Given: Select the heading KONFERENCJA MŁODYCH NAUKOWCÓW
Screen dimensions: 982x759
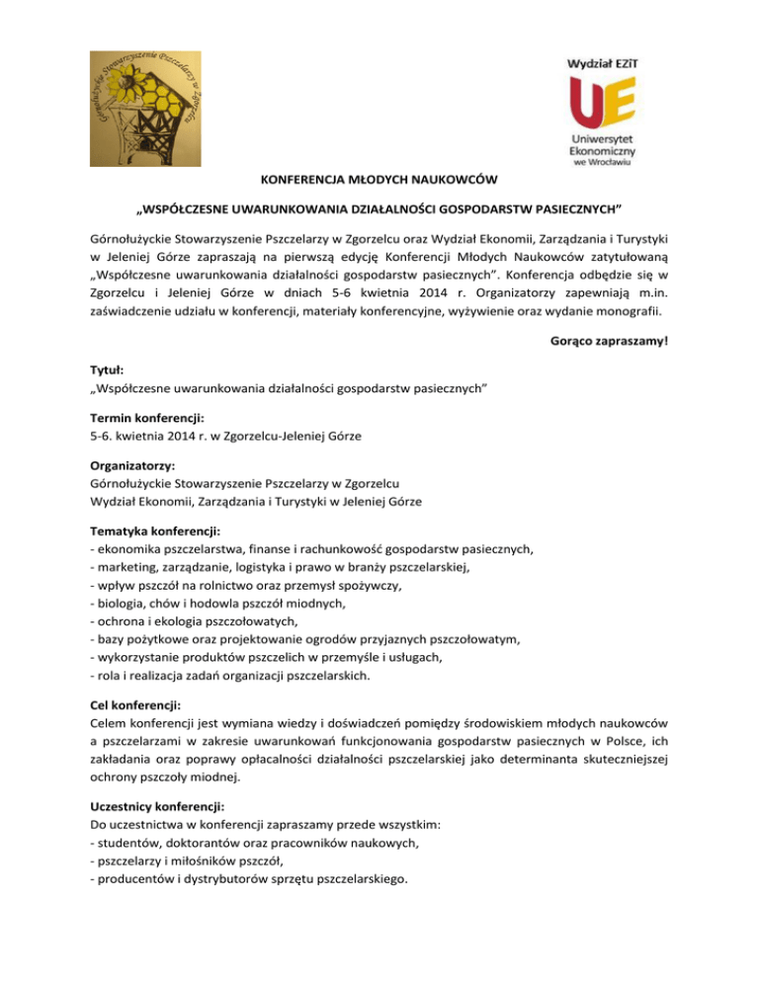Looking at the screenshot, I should click(x=379, y=180).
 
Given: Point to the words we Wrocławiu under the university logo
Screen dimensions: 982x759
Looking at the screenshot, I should click(x=603, y=164).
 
